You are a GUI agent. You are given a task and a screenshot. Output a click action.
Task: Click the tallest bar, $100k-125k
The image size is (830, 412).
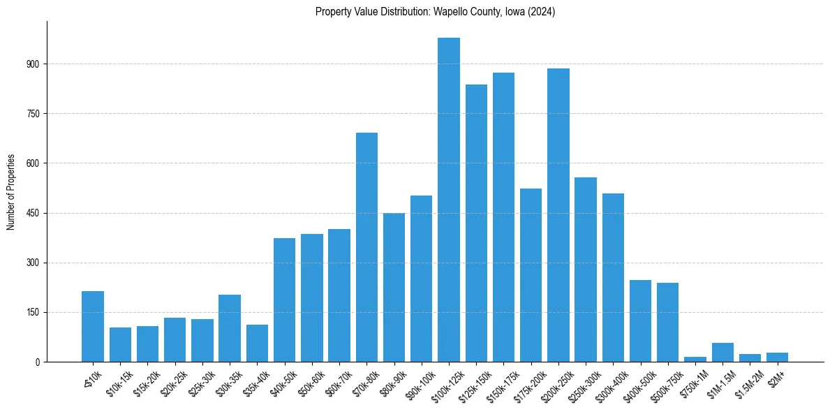point(449,200)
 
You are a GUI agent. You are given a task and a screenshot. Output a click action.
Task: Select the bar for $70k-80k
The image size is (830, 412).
point(366,247)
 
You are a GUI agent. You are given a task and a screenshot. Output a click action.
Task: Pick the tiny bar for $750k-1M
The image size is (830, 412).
point(695,359)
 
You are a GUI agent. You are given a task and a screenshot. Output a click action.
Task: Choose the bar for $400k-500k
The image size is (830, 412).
point(640,321)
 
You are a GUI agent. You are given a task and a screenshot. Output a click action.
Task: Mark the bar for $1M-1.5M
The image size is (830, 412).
point(722,353)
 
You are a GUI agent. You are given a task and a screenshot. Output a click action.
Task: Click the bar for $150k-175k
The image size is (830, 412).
point(503,217)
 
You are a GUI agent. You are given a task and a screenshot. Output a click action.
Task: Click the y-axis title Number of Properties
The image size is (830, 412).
point(11,192)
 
